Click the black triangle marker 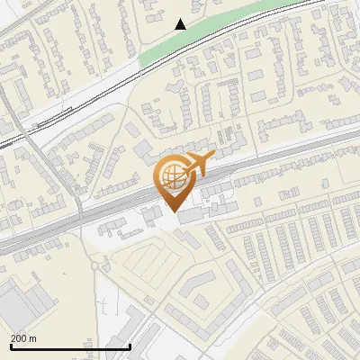pos(181,24)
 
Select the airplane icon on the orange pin pos(198,165)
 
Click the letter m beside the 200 pos(33,338)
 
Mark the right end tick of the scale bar pos(130,345)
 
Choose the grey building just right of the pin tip pos(191,216)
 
